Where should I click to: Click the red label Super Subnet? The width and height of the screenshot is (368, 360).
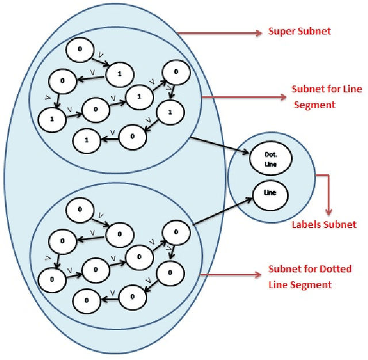point(300,31)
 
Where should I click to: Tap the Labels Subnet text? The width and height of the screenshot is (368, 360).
point(323,224)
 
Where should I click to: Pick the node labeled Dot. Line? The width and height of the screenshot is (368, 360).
point(270,159)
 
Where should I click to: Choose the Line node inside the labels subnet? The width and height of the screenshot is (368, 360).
point(270,193)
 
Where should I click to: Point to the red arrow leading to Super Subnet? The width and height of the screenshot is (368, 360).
point(219,33)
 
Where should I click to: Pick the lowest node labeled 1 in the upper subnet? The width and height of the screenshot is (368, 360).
point(87,139)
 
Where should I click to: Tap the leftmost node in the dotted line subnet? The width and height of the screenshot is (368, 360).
point(51,279)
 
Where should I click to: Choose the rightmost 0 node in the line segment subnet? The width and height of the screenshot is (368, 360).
point(175,71)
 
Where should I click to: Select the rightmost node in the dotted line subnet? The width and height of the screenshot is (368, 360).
point(176,232)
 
